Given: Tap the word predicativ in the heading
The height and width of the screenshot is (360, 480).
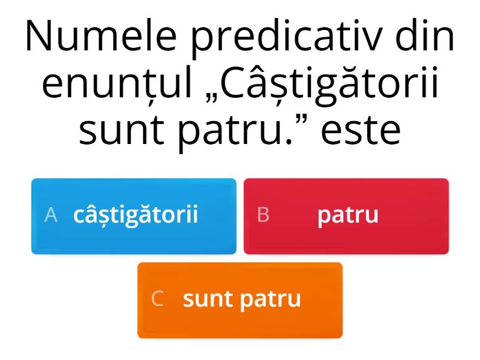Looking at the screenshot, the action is (287, 38).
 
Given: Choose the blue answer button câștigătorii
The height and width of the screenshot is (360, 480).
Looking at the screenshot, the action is (134, 216).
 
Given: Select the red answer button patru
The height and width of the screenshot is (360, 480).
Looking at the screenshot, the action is (346, 216).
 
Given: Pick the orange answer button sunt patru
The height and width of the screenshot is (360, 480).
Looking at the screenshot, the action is (240, 301).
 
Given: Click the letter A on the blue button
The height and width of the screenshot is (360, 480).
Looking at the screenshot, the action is (51, 215).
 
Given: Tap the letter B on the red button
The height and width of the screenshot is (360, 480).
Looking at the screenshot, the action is (263, 215).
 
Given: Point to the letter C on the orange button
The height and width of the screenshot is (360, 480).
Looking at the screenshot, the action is (157, 298).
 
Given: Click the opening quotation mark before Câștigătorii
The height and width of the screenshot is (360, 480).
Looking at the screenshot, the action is (211, 100).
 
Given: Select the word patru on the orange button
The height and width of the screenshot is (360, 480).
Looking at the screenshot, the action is (271, 301).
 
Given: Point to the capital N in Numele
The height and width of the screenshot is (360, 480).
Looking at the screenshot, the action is (39, 36).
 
